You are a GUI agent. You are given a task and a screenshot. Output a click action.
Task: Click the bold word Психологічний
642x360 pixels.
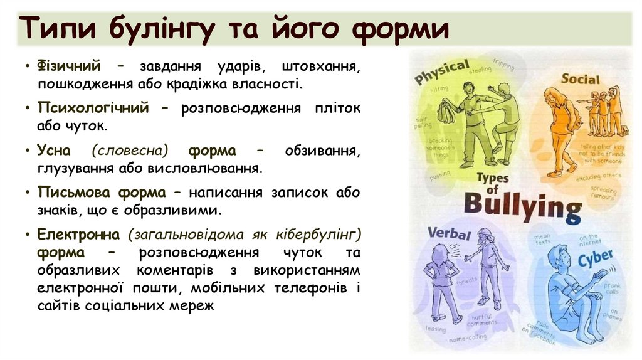(x=93, y=109)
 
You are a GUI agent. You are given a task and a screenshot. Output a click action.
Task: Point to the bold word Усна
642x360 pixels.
(x=55, y=151)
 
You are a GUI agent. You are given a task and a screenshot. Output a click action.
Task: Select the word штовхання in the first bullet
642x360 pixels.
(x=321, y=66)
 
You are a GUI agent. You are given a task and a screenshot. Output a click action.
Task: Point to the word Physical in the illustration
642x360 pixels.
(x=442, y=72)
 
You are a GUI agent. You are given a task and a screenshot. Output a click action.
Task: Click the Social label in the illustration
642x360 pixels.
(x=580, y=79)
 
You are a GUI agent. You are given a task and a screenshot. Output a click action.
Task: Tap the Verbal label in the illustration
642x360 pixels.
(x=448, y=234)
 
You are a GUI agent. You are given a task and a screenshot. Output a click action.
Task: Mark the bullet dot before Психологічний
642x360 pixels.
(x=29, y=109)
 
